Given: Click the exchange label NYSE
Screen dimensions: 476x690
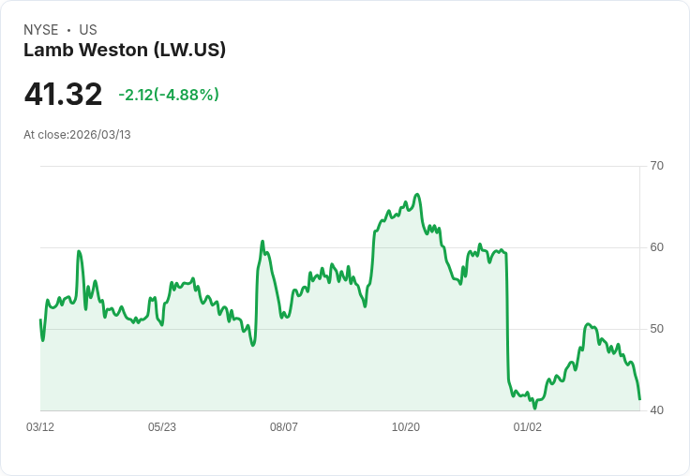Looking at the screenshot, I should point(41,30).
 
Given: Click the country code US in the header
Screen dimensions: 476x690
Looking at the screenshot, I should point(88,30).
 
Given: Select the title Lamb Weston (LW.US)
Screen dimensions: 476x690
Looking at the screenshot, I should point(125,51).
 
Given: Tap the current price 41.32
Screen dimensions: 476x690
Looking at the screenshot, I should point(63,95).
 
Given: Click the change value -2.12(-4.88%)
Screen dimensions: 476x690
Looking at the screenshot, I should point(169,95).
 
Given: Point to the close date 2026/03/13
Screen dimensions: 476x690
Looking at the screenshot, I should point(100,135).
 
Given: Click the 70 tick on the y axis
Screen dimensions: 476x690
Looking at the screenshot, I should point(657,166).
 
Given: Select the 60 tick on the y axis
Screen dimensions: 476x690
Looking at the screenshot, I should point(657,247).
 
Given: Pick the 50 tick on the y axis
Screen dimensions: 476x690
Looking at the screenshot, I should point(657,329).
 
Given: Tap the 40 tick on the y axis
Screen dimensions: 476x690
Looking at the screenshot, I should point(657,410).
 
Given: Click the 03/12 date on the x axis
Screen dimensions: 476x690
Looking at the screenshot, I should point(40,427).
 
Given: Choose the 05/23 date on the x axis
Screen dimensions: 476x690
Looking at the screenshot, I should point(162,427).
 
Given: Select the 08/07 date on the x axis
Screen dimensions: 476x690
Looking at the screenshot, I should point(284,427).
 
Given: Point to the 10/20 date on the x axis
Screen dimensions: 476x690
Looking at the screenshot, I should point(406,427).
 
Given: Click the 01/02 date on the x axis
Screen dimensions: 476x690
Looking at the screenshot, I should point(528,427).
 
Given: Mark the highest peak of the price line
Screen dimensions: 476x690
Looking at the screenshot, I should point(417,194).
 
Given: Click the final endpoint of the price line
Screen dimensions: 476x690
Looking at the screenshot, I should point(639,399).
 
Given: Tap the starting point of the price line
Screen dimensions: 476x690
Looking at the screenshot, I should point(40,320).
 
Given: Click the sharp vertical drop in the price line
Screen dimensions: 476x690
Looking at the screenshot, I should point(507,319).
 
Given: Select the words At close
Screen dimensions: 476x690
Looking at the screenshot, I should point(45,135).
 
